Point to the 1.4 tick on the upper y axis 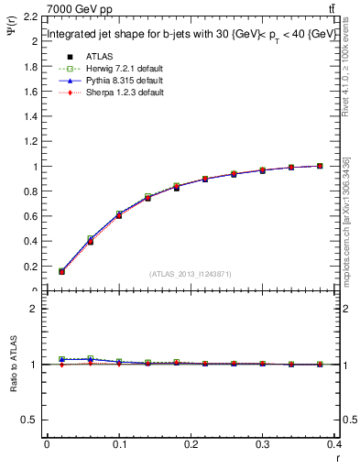[x=30, y=116]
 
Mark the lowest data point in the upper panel [x=61, y=271]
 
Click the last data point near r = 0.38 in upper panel [x=320, y=166]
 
